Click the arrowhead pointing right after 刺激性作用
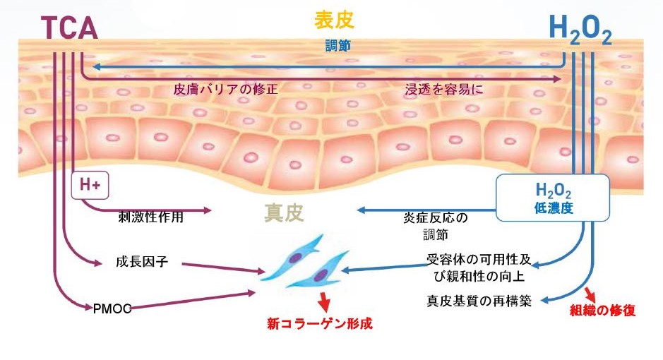(208, 210)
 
